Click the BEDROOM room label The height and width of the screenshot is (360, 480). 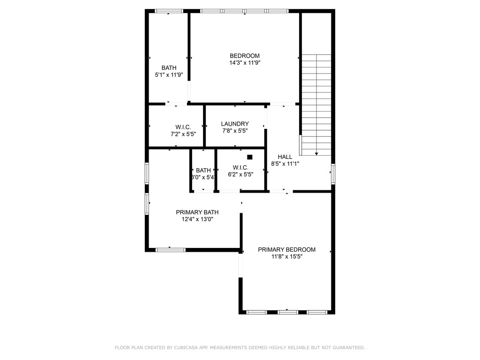(244, 56)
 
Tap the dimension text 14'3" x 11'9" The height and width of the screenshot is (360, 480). (244, 63)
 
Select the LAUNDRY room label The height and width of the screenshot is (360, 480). (235, 124)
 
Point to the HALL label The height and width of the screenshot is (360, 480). (285, 157)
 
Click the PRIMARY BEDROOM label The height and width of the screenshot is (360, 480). (286, 250)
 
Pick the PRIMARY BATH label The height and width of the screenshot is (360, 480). (197, 212)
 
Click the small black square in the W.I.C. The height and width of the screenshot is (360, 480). (250, 157)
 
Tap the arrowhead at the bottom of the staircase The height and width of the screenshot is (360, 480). (316, 153)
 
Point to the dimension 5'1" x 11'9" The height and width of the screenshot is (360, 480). (169, 75)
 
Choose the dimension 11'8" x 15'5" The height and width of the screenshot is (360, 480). (286, 257)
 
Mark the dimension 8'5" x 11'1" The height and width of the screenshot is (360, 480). (285, 164)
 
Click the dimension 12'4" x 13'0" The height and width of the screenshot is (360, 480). (197, 219)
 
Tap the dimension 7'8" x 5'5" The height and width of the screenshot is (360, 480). (235, 131)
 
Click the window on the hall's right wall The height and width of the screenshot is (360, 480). (333, 174)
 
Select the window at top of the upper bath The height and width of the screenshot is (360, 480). (169, 11)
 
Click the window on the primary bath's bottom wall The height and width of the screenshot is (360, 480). (170, 249)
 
